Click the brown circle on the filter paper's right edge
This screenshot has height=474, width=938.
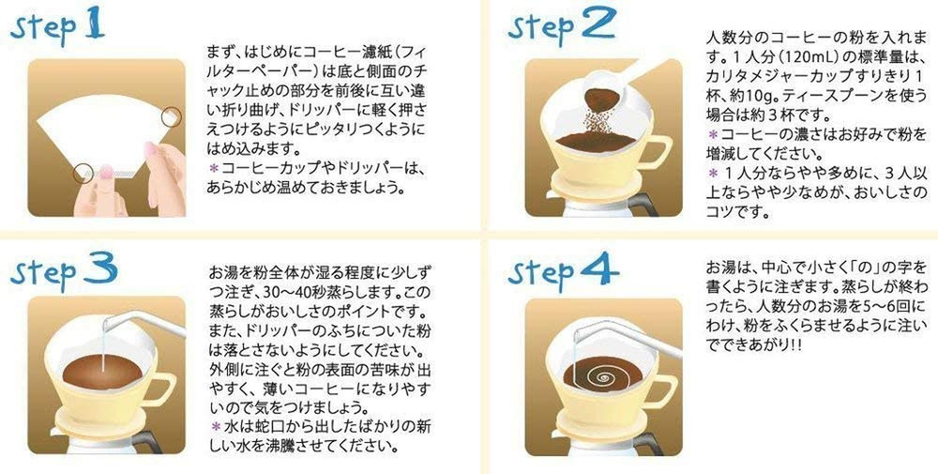(x=172, y=116)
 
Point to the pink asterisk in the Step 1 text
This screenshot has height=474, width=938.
(x=213, y=167)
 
